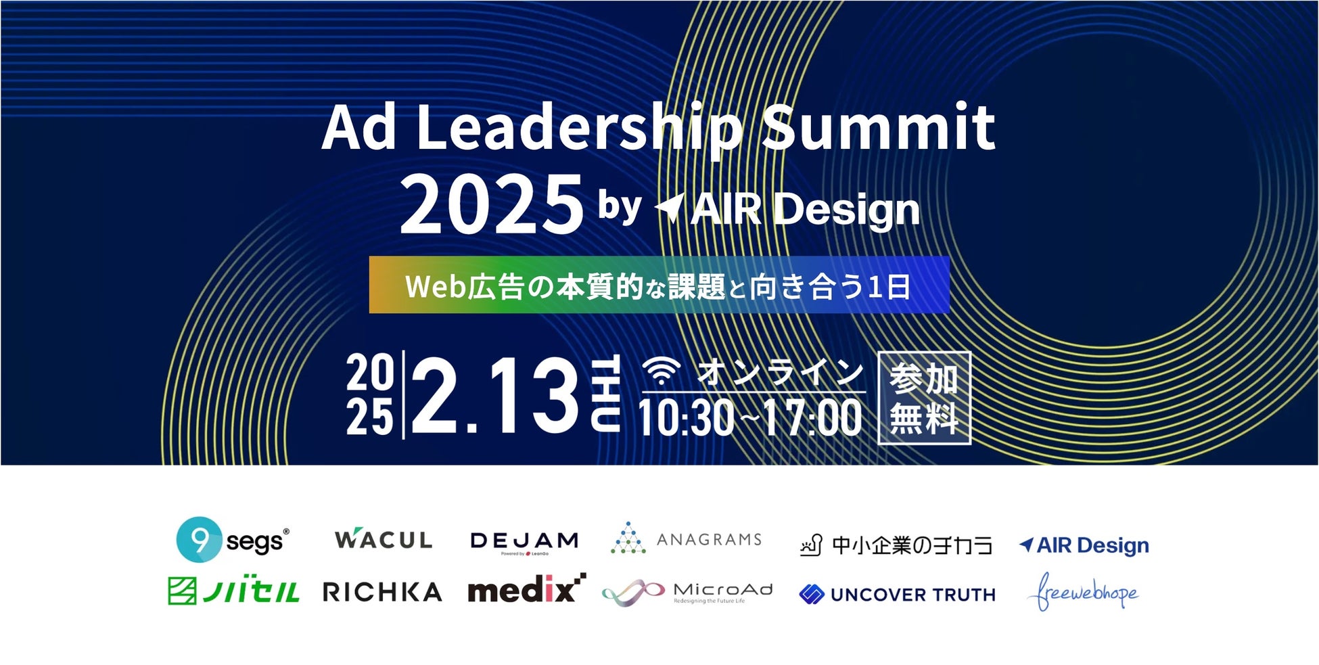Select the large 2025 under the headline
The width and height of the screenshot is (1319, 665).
tap(492, 204)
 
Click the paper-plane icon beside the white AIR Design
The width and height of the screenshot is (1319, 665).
tap(670, 208)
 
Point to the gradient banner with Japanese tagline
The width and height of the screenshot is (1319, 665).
tap(659, 285)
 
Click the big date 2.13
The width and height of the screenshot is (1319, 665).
tap(494, 395)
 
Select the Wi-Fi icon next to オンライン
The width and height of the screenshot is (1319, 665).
tap(662, 371)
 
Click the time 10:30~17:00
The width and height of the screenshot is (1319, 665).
tap(750, 417)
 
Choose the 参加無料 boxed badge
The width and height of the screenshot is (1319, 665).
tap(924, 398)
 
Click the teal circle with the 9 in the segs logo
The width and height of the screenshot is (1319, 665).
tap(199, 540)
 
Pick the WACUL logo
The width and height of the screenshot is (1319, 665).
tap(384, 539)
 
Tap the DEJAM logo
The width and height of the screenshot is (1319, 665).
tap(524, 542)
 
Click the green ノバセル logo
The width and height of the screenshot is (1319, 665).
tap(233, 591)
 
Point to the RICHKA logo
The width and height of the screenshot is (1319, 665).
tap(382, 592)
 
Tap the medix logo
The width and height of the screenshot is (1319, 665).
tap(526, 589)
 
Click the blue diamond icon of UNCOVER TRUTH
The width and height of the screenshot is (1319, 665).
tap(811, 594)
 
